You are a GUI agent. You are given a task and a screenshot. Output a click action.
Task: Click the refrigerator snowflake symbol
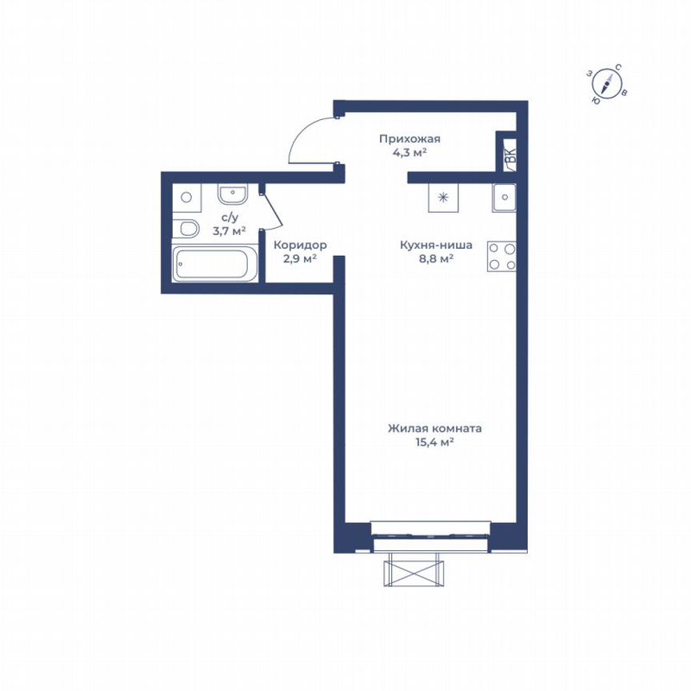[444, 197]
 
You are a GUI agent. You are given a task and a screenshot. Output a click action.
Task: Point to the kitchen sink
[505, 197]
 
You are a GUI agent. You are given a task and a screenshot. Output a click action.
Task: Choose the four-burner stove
[502, 256]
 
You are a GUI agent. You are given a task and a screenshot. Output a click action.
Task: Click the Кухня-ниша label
[436, 246]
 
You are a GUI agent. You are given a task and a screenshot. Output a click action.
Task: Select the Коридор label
[300, 246]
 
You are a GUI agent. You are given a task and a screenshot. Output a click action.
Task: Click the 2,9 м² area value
[301, 258]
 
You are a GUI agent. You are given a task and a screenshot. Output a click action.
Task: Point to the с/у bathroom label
[229, 218]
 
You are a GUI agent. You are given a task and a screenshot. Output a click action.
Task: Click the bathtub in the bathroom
[215, 264]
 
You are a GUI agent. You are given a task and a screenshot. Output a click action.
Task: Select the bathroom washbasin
[233, 194]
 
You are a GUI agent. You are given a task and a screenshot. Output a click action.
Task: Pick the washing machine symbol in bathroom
[186, 196]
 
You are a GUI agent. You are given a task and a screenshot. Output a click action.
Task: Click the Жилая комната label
[435, 429]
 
